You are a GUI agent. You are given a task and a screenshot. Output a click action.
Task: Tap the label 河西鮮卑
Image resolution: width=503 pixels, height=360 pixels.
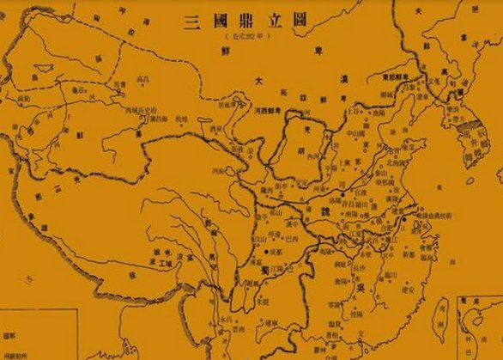pyautogui.click(x=274, y=112)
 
